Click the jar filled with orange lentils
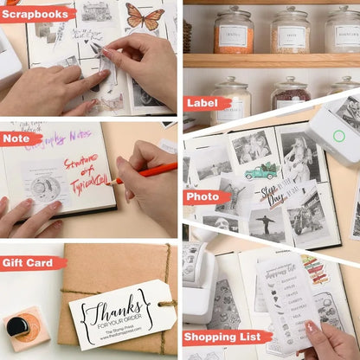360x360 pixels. pos(234,32)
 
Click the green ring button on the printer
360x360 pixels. pos(338,136)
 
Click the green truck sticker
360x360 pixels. pos(260,171)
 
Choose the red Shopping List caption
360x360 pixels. pos(228,337)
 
